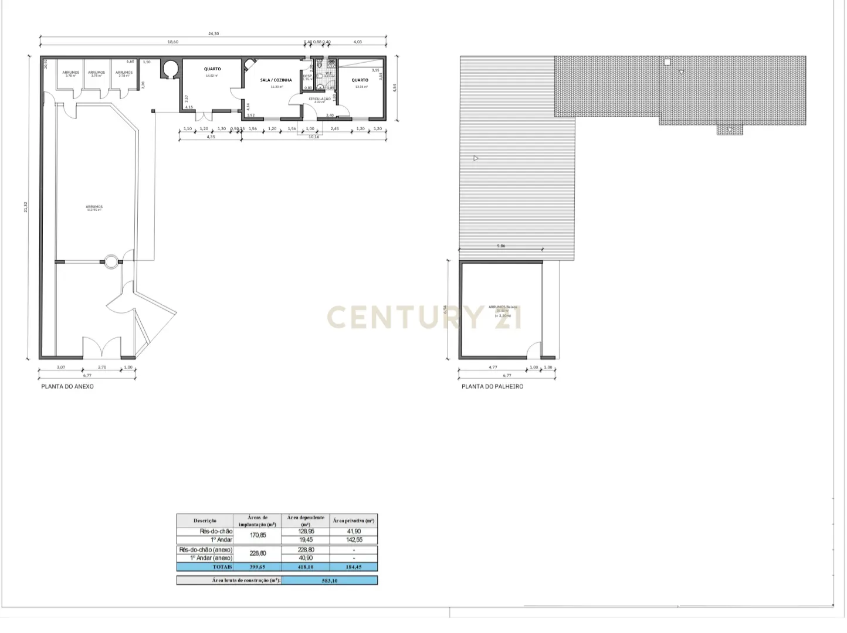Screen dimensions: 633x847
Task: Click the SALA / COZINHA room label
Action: coord(276,80)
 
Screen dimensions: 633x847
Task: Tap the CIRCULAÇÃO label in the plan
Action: coord(319,99)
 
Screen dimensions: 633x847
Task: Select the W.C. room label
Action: coord(328,73)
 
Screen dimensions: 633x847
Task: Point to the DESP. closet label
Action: coord(307,76)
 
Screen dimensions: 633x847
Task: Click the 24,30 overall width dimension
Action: coord(214,34)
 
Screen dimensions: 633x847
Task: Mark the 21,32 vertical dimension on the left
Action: coord(26,207)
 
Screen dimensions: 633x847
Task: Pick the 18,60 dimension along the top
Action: coord(172,42)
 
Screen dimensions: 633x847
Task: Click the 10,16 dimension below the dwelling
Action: coord(314,137)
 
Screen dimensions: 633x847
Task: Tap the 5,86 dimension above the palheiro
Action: coord(501,246)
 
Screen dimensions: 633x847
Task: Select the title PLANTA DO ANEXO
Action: coord(67,387)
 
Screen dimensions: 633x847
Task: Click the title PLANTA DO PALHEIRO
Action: coord(492,387)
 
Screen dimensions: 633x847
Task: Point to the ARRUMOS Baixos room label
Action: coord(503,307)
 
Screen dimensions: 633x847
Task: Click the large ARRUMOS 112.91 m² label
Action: coord(94,207)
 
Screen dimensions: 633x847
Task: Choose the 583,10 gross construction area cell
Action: coord(330,581)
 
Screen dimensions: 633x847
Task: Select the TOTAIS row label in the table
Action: coord(222,567)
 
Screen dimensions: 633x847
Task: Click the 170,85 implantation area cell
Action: coord(258,535)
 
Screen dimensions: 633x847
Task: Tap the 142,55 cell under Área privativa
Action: coord(354,540)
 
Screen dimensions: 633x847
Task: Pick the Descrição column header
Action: coord(205,520)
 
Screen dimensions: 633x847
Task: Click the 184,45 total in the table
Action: coord(354,567)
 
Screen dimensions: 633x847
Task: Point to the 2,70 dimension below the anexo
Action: coord(102,367)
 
